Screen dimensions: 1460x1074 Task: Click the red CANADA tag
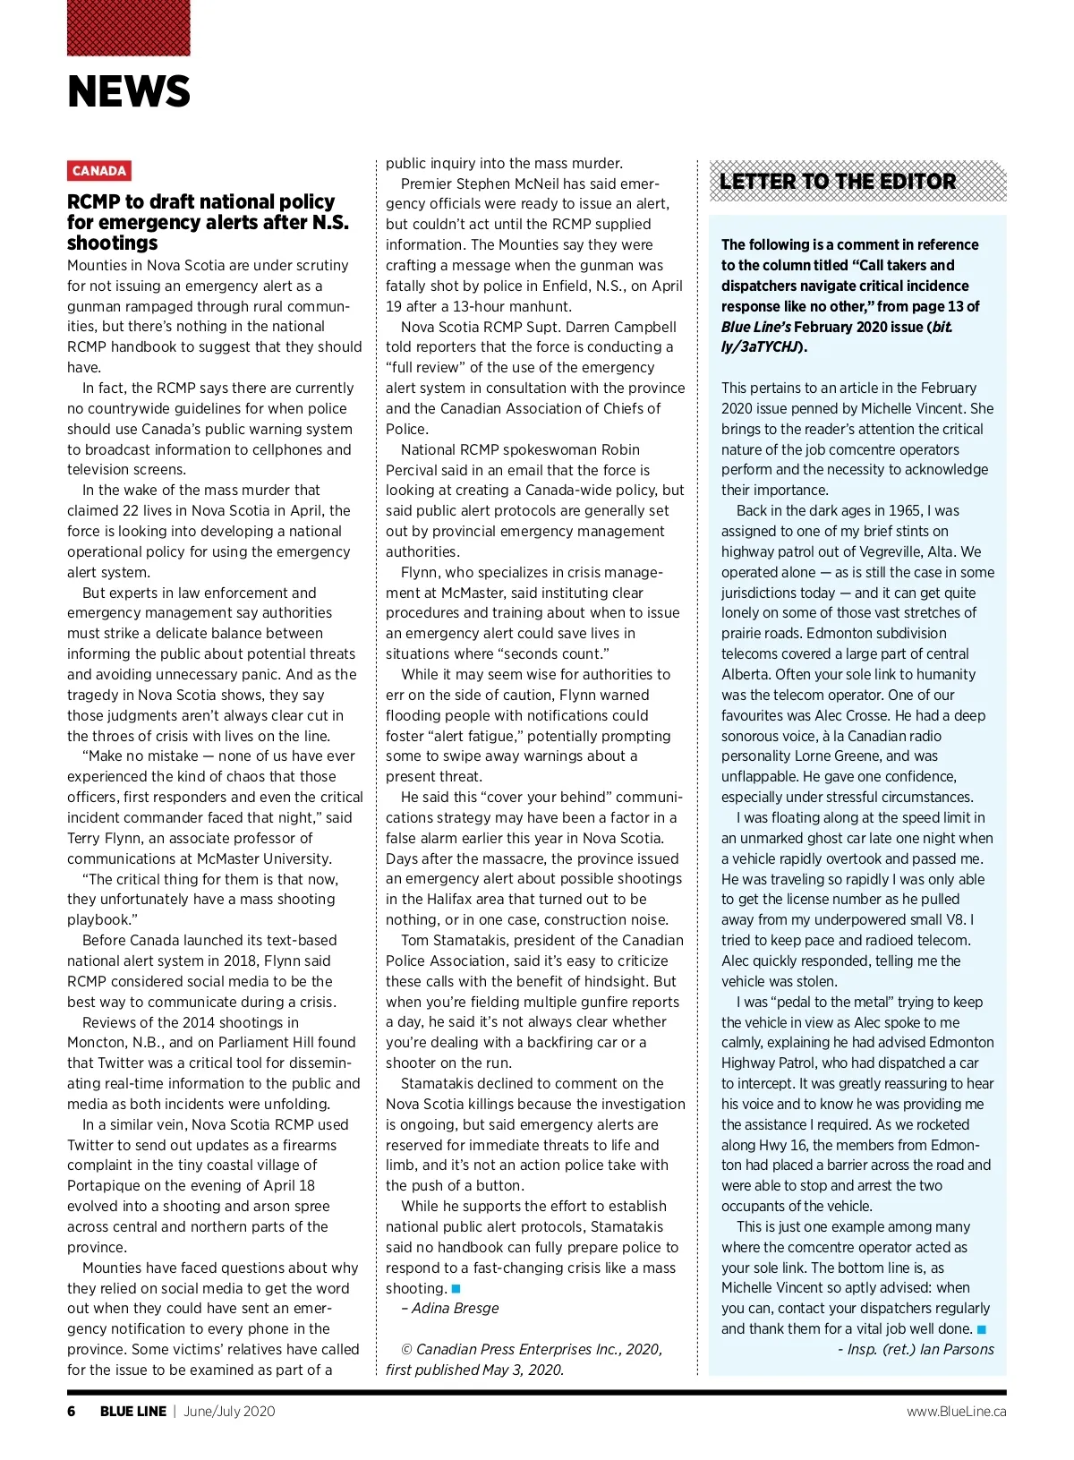coord(99,171)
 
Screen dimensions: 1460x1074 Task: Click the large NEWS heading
coord(129,91)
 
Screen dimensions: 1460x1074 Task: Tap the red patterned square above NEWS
coord(129,28)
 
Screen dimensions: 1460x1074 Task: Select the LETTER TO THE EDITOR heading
coord(838,182)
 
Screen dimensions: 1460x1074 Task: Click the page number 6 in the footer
coord(72,1412)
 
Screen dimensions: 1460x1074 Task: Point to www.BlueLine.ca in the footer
coord(956,1412)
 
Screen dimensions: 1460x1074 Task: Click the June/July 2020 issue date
coord(229,1412)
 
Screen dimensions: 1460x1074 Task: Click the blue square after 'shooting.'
coord(456,1289)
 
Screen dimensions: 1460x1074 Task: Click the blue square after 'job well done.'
coord(982,1330)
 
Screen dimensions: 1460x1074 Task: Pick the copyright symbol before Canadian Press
coord(407,1350)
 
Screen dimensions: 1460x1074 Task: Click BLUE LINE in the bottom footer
coord(133,1412)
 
